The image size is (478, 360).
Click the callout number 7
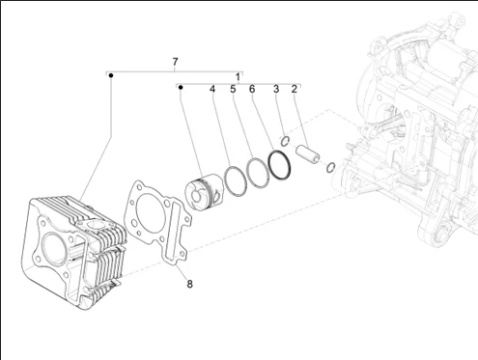pyautogui.click(x=175, y=62)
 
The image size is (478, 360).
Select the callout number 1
pyautogui.click(x=238, y=77)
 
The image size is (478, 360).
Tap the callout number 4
pyautogui.click(x=212, y=89)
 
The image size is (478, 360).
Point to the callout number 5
pyautogui.click(x=233, y=89)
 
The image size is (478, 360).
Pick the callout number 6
pyautogui.click(x=252, y=89)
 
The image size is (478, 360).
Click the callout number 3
pyautogui.click(x=276, y=89)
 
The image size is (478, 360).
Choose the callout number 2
pyautogui.click(x=295, y=89)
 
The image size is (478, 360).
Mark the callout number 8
pyautogui.click(x=189, y=284)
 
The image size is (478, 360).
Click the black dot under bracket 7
pyautogui.click(x=111, y=75)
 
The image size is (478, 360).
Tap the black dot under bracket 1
pyautogui.click(x=181, y=87)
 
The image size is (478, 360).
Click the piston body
pyautogui.click(x=204, y=192)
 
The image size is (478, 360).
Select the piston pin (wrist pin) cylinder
pyautogui.click(x=308, y=152)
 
